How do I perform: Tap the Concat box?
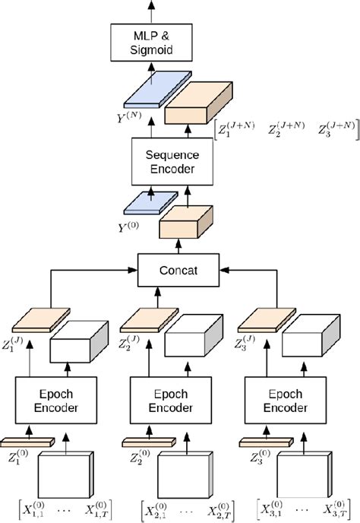[x=179, y=269]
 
